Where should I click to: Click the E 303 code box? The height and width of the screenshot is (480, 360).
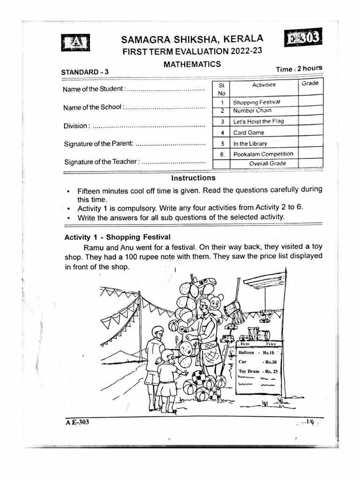pos(303,37)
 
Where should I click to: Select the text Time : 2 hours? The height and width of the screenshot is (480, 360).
pos(299,68)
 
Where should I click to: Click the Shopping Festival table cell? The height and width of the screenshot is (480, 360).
pos(256,102)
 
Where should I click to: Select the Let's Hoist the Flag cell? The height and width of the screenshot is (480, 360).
pos(258,121)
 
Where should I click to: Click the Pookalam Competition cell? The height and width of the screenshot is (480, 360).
pos(263,154)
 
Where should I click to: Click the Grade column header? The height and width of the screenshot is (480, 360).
pos(310,83)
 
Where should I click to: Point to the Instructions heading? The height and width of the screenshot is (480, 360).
pos(193,178)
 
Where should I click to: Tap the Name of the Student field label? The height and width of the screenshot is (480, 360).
pos(94,89)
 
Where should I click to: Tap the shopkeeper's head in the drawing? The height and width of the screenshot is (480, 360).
pos(204,308)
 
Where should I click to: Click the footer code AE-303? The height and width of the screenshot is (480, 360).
pos(77,422)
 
